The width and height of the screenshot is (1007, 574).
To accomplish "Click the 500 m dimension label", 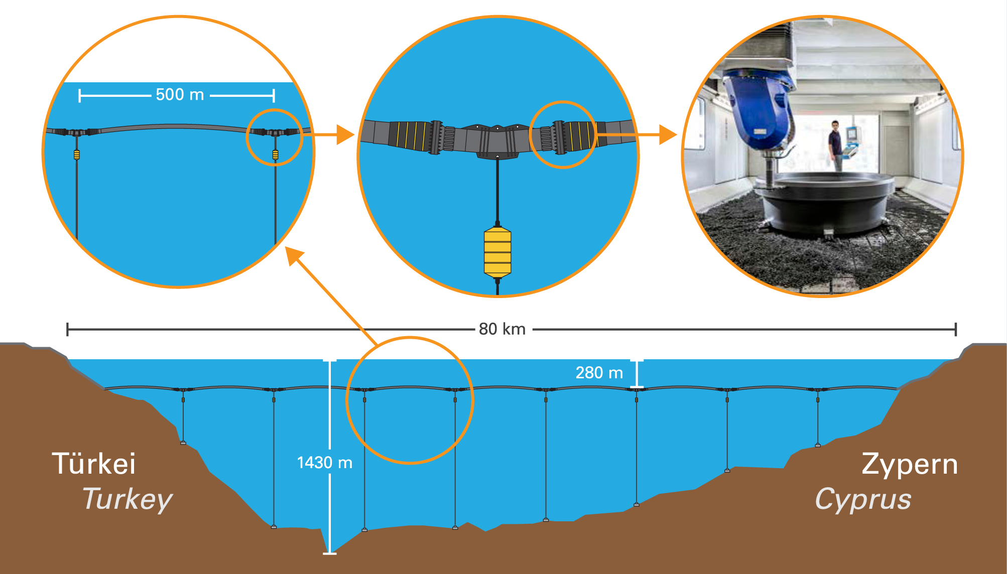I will [x=180, y=94].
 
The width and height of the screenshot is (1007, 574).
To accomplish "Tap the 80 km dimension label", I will [x=502, y=329].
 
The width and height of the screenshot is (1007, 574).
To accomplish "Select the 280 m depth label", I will [x=599, y=373].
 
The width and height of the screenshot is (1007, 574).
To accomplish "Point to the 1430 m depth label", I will [x=324, y=463].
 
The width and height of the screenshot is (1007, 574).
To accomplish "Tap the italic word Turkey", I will [x=128, y=499].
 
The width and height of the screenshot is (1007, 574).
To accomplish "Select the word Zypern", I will [x=910, y=464].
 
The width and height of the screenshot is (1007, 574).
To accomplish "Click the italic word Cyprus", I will [x=863, y=499].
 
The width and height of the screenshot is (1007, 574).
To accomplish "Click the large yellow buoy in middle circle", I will [x=497, y=252].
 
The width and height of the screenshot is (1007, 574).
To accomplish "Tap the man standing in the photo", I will [x=835, y=145].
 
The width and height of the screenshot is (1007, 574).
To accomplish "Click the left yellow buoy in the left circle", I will [x=77, y=155].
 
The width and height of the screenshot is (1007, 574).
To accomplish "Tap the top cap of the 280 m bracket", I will [x=637, y=360].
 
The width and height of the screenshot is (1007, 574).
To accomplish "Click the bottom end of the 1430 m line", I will [x=330, y=553].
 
